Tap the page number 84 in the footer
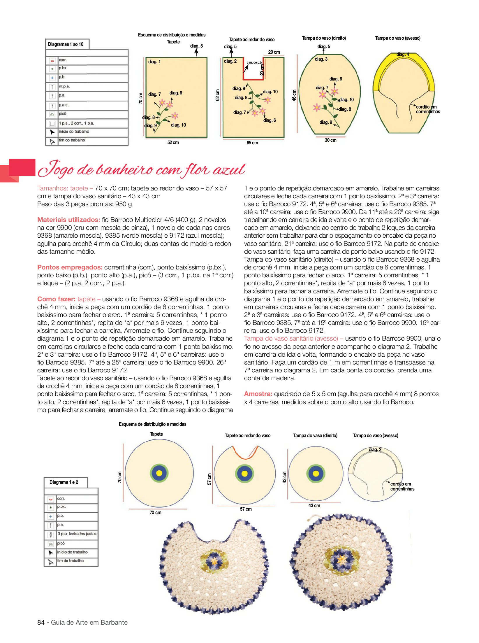[40, 622]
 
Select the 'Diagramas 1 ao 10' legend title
[66, 44]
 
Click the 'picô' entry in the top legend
[63, 114]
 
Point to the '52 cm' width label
[173, 143]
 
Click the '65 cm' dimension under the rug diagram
[252, 143]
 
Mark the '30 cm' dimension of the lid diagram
[330, 140]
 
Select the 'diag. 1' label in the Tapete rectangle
[154, 62]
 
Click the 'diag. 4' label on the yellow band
[403, 55]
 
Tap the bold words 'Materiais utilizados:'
[69, 220]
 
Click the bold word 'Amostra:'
[258, 394]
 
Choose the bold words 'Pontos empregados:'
[70, 267]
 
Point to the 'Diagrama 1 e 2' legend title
[64, 482]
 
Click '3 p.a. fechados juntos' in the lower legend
[77, 534]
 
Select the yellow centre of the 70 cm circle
[159, 473]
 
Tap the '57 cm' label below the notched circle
[246, 509]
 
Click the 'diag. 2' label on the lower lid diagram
[375, 450]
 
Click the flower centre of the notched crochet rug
[214, 561]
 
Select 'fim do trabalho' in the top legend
[72, 140]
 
